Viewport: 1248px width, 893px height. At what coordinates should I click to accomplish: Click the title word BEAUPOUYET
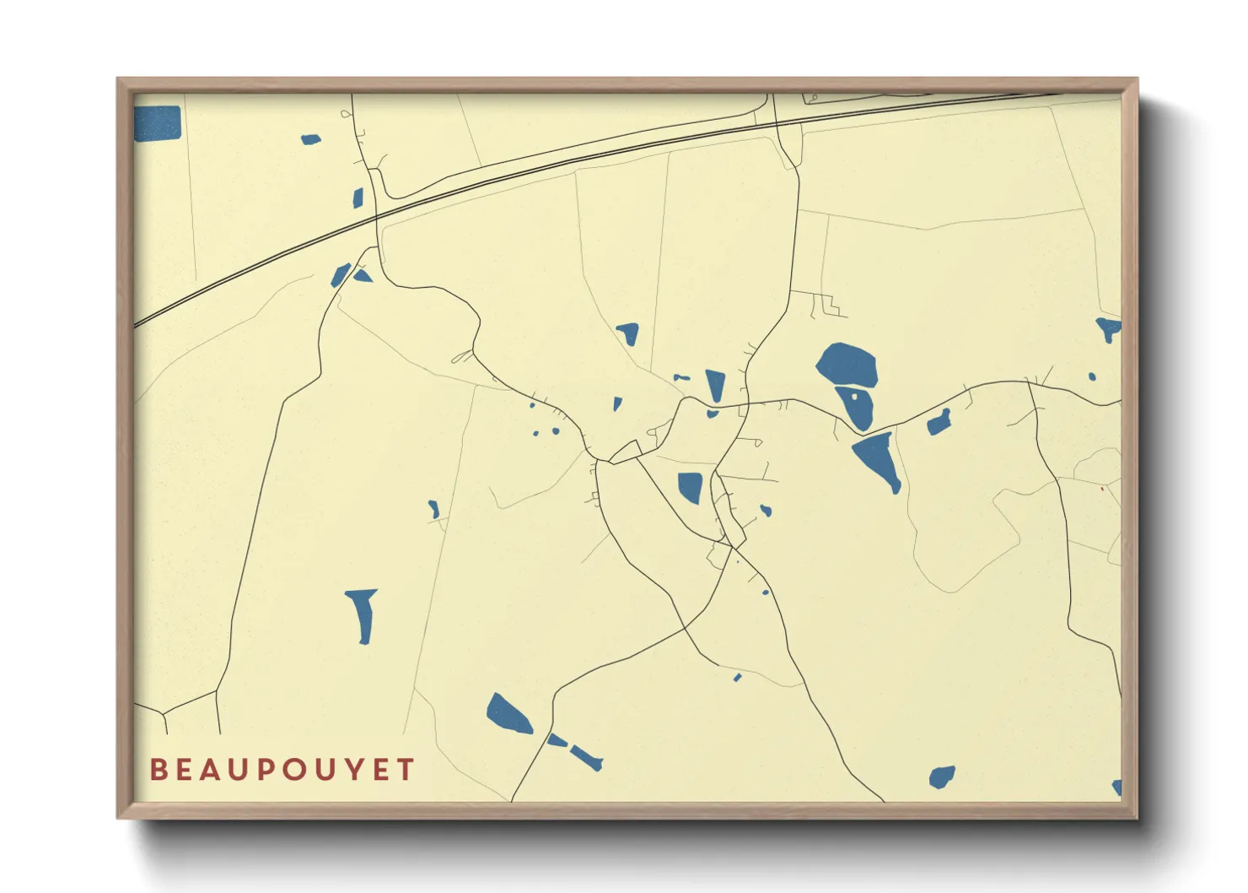[x=282, y=770]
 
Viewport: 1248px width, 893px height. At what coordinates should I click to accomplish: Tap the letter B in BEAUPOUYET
[x=158, y=770]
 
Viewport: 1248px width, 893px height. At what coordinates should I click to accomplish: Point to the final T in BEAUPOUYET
[x=406, y=770]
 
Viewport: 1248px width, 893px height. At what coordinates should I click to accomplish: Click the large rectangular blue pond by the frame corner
[x=158, y=123]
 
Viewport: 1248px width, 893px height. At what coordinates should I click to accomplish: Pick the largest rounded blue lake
[x=847, y=365]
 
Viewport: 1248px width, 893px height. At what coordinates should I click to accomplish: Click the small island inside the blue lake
[x=856, y=394]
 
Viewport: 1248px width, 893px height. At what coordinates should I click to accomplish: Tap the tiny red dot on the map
[x=1101, y=488]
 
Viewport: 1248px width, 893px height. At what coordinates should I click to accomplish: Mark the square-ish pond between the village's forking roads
[x=691, y=487]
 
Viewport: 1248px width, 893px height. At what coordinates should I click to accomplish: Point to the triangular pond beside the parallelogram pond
[x=363, y=275]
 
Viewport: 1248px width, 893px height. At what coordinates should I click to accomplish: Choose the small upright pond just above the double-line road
[x=358, y=198]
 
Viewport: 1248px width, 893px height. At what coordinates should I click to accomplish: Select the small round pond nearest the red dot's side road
[x=1092, y=376]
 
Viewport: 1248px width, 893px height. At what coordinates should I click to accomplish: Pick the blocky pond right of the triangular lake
[x=939, y=422]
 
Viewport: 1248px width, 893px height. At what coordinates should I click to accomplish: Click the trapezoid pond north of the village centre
[x=628, y=333]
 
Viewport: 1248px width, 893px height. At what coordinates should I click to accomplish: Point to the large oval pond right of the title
[x=508, y=714]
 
